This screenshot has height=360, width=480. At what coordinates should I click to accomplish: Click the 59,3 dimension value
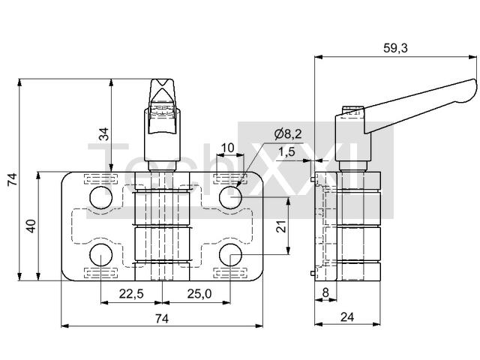[395, 48]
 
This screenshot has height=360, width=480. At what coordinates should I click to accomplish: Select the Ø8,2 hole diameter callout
[288, 134]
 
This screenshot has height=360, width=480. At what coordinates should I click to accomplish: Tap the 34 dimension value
[105, 133]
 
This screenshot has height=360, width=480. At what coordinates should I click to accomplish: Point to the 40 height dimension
[31, 226]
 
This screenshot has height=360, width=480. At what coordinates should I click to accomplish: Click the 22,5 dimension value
[131, 294]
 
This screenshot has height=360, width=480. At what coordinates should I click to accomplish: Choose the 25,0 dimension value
[199, 294]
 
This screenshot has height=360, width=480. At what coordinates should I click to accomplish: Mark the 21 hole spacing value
[281, 226]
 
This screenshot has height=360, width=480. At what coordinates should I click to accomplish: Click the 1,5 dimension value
[286, 151]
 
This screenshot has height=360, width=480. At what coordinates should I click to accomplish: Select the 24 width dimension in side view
[347, 317]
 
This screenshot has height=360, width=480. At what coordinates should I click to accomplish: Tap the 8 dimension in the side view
[325, 292]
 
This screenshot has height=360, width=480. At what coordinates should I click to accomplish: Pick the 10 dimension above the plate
[227, 148]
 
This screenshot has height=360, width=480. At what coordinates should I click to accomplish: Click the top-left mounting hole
[101, 197]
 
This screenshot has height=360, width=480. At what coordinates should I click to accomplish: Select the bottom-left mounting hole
[101, 255]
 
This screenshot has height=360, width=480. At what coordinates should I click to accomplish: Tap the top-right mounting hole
[230, 197]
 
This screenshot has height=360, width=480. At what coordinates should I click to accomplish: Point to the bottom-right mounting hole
[230, 255]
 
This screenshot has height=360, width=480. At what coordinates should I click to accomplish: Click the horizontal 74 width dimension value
[162, 319]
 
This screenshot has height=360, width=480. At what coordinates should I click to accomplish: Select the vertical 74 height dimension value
[13, 179]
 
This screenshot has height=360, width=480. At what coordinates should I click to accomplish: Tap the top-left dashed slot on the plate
[101, 178]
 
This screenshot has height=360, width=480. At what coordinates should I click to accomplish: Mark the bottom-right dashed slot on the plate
[230, 273]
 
